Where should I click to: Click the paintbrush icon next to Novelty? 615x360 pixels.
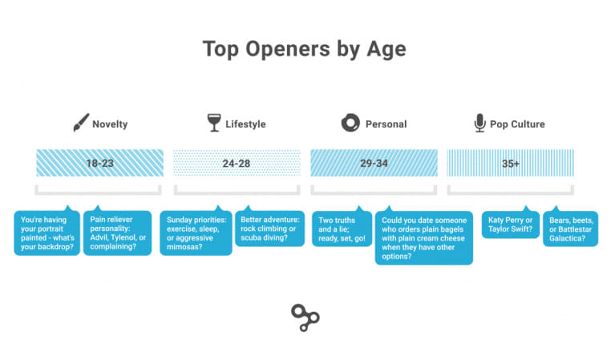pos(81,123)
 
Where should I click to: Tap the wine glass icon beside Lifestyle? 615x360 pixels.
pos(214,123)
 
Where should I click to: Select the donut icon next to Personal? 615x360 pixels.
pos(350,123)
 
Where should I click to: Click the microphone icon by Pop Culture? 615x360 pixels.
pos(479,123)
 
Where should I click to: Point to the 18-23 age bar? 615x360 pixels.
pos(99,163)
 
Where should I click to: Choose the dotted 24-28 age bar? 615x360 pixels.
pos(237,163)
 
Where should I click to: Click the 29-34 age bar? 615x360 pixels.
pos(374,163)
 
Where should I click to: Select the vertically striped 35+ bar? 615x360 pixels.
pos(510,163)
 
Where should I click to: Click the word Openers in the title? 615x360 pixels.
pos(288,50)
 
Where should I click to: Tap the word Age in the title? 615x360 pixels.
pos(386,51)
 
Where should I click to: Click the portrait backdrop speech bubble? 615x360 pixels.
pos(47,233)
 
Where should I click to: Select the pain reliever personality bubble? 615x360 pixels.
pos(117,233)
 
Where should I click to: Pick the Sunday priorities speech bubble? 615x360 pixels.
pos(196,233)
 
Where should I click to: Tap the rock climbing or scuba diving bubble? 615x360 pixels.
pos(270,228)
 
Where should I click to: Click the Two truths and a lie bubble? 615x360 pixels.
pos(342,229)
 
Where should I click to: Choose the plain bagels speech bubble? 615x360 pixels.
pos(424,237)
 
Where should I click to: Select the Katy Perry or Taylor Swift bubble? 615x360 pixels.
pos(510,224)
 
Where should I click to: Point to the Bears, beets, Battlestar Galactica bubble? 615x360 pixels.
pos(570,229)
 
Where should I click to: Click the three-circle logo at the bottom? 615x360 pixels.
pos(305,318)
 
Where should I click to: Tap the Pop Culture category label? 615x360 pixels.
pos(517,124)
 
